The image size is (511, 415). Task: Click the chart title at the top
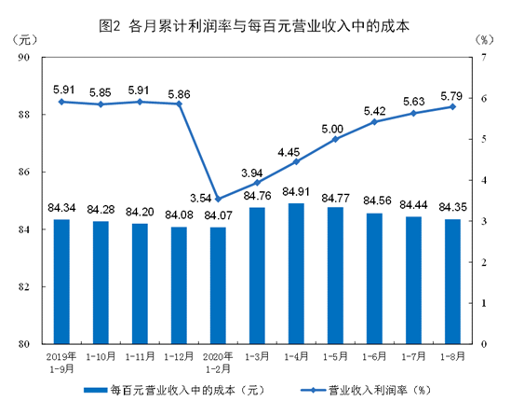[x=255, y=13]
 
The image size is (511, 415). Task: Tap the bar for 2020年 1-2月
[x=218, y=285]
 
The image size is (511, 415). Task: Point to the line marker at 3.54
[x=217, y=199]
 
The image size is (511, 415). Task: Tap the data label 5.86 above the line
[x=179, y=93]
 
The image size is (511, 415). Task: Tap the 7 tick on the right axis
[x=483, y=58]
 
